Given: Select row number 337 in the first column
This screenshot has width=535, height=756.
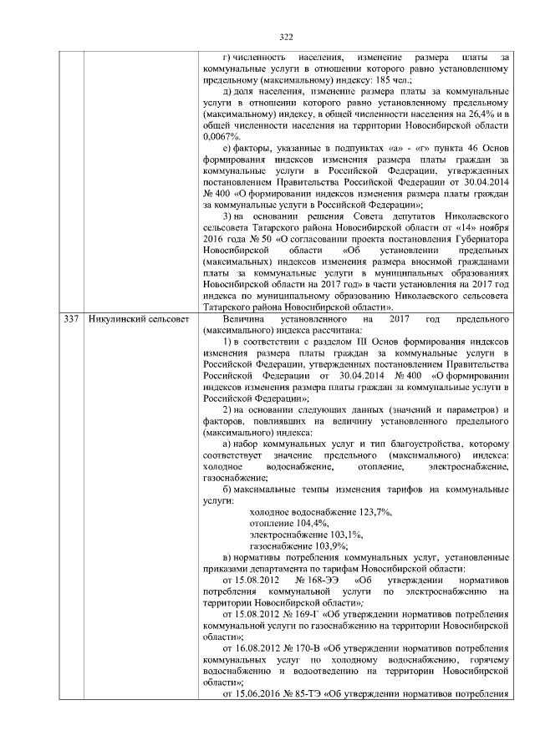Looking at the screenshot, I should [x=71, y=320].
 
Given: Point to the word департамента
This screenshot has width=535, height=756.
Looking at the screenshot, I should [x=281, y=568].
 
